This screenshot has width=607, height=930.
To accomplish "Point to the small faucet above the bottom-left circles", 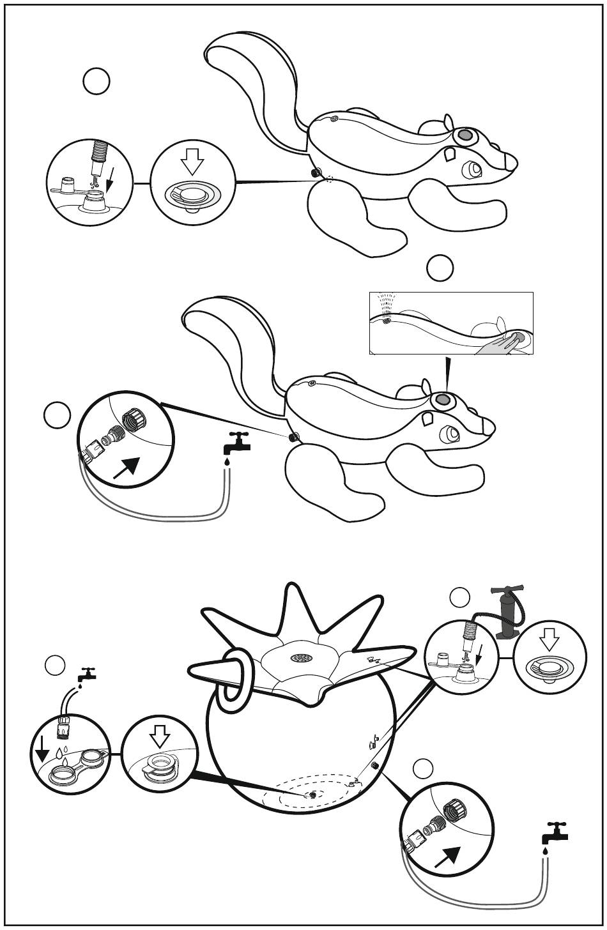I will click(x=86, y=674).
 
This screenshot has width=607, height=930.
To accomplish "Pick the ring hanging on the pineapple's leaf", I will click(x=233, y=681).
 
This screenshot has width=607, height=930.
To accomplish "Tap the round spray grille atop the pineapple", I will click(x=300, y=658).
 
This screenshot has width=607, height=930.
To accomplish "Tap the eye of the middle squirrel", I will click(x=452, y=434).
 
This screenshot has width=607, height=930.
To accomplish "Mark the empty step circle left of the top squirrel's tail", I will click(x=96, y=82).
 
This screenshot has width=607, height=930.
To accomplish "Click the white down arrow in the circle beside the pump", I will click(x=549, y=641).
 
